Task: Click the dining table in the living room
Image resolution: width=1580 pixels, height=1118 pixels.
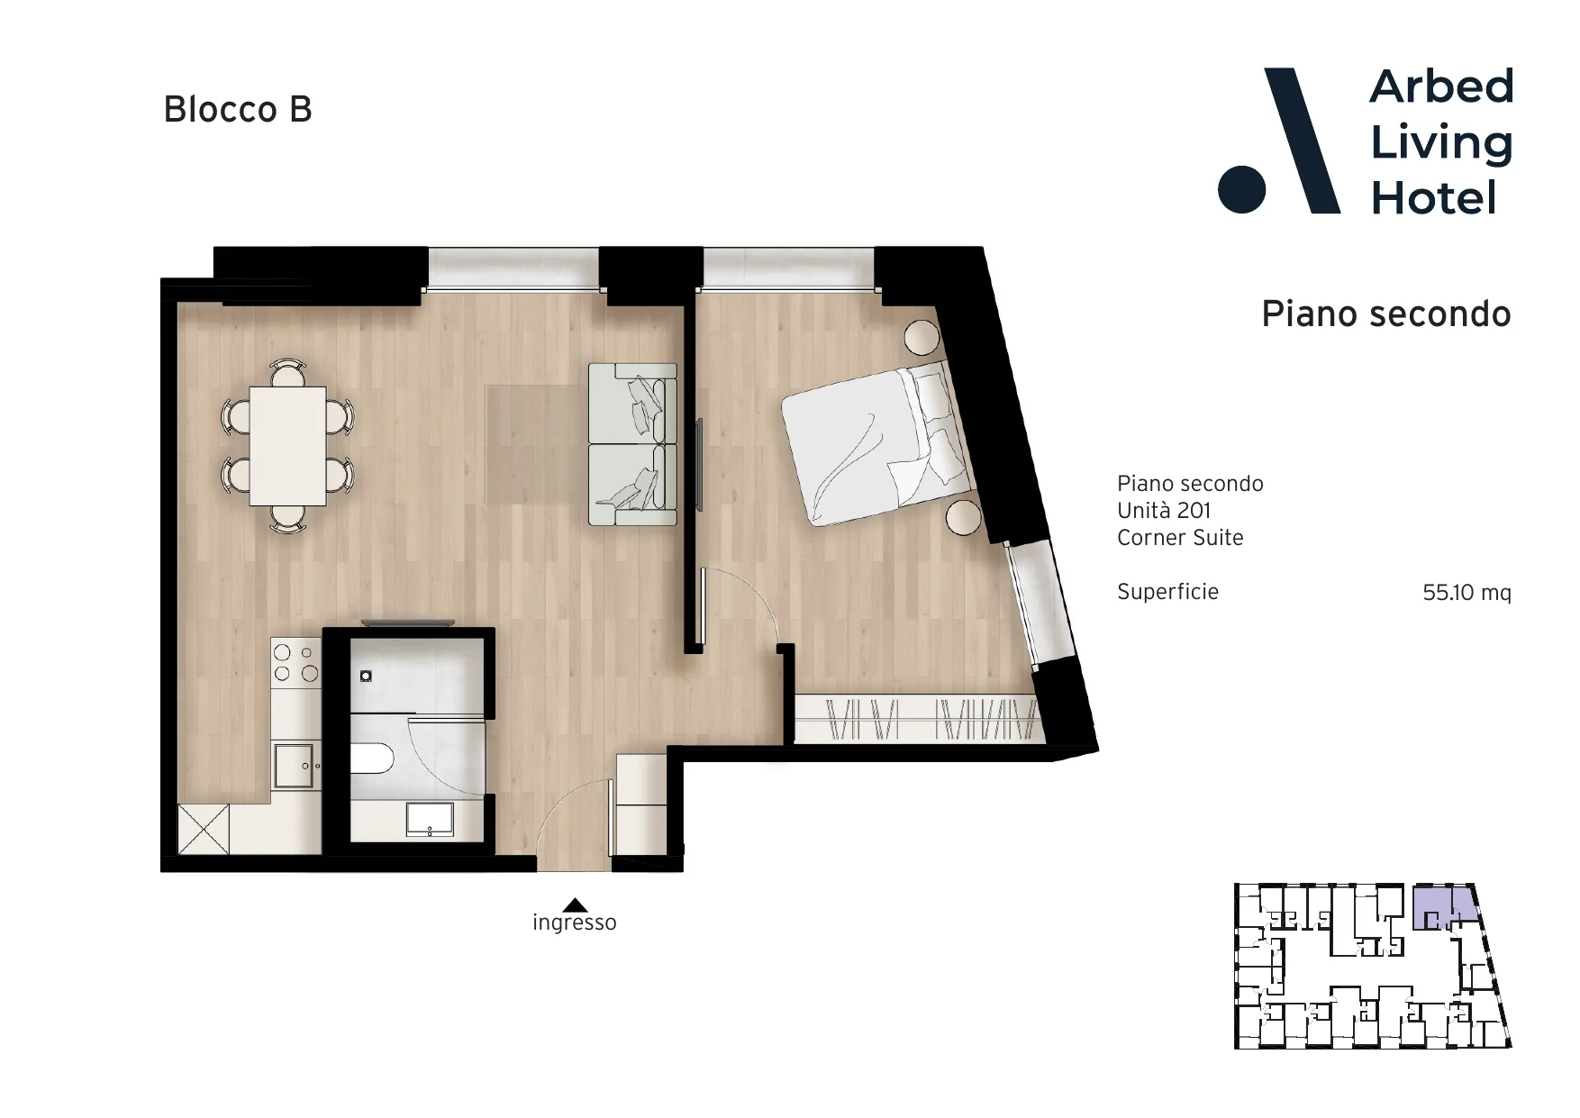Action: (287, 446)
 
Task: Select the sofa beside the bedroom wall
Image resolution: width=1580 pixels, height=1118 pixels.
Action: (632, 444)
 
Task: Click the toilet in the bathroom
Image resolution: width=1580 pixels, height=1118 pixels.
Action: (371, 759)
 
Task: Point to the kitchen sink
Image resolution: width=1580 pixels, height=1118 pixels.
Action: (294, 765)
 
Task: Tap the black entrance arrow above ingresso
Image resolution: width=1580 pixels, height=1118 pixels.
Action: (575, 905)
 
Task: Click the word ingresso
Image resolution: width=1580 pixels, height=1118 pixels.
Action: (575, 923)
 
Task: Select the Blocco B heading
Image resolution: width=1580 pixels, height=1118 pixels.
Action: (238, 110)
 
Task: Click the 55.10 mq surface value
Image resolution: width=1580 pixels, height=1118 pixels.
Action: (1466, 592)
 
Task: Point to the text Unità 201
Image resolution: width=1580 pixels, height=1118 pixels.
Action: (1164, 511)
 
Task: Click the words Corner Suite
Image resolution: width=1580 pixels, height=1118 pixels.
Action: (1180, 538)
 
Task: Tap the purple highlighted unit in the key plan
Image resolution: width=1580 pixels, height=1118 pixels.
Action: (1444, 906)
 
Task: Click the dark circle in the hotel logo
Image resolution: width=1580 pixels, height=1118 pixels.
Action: (1241, 189)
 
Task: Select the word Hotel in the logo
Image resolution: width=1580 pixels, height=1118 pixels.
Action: (1433, 198)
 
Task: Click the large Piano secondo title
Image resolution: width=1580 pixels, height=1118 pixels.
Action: (1385, 314)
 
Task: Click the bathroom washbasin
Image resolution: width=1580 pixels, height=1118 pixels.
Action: (431, 819)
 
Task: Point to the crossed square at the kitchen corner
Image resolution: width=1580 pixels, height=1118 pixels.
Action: (204, 829)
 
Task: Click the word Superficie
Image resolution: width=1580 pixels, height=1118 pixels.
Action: (1167, 592)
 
